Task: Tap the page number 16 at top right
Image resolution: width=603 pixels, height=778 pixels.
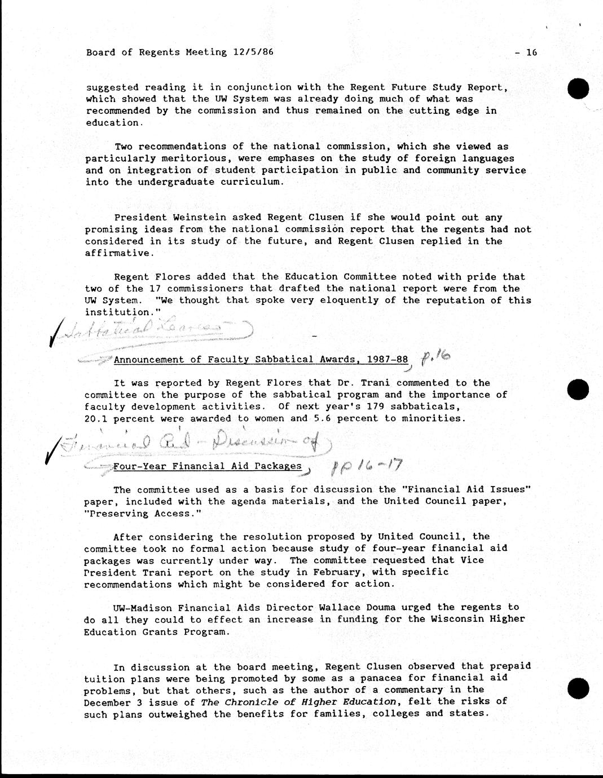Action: pyautogui.click(x=531, y=52)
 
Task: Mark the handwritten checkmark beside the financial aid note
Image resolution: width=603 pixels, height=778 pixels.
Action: pyautogui.click(x=52, y=454)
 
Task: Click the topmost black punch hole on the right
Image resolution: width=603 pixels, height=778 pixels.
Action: pyautogui.click(x=579, y=89)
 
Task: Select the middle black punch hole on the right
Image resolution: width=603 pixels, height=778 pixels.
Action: pyautogui.click(x=579, y=390)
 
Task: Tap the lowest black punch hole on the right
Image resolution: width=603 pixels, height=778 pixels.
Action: pyautogui.click(x=579, y=688)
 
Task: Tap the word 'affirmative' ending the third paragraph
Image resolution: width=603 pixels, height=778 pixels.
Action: pyautogui.click(x=117, y=253)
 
